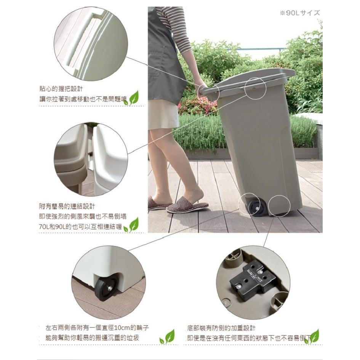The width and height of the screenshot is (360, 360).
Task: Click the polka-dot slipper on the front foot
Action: click(x=187, y=206)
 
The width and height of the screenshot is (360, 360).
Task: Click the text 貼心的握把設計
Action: click(x=61, y=89)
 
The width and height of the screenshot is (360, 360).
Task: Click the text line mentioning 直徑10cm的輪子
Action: click(x=97, y=328)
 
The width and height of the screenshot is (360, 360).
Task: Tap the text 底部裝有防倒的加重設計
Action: click(x=221, y=328)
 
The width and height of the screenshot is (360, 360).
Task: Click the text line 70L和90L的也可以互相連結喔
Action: click(x=80, y=227)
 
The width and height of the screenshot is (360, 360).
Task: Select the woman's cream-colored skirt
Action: click(x=163, y=114)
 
